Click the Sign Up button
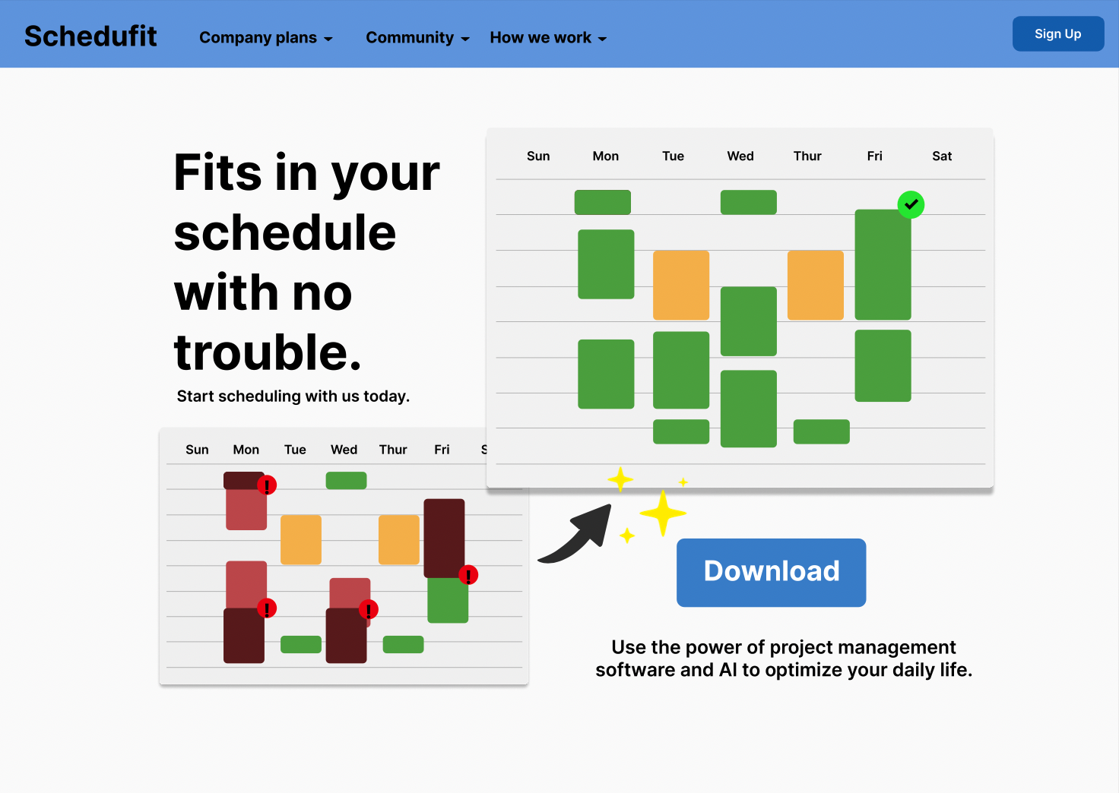click(x=1057, y=34)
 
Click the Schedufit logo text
click(x=90, y=36)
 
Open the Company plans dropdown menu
click(x=266, y=37)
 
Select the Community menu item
click(x=417, y=37)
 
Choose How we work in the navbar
click(x=548, y=37)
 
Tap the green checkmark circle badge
click(x=911, y=204)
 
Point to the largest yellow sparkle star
click(x=663, y=513)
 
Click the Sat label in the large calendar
click(x=942, y=156)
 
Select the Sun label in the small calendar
click(x=197, y=450)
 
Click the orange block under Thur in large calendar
click(x=815, y=285)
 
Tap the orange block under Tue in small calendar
click(x=301, y=539)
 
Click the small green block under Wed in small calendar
click(x=346, y=480)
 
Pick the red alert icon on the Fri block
click(x=468, y=575)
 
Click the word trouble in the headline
click(x=268, y=353)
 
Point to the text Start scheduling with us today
click(x=293, y=396)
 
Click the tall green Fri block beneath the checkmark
click(x=883, y=264)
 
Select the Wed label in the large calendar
click(x=740, y=156)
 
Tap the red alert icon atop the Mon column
click(x=267, y=485)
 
